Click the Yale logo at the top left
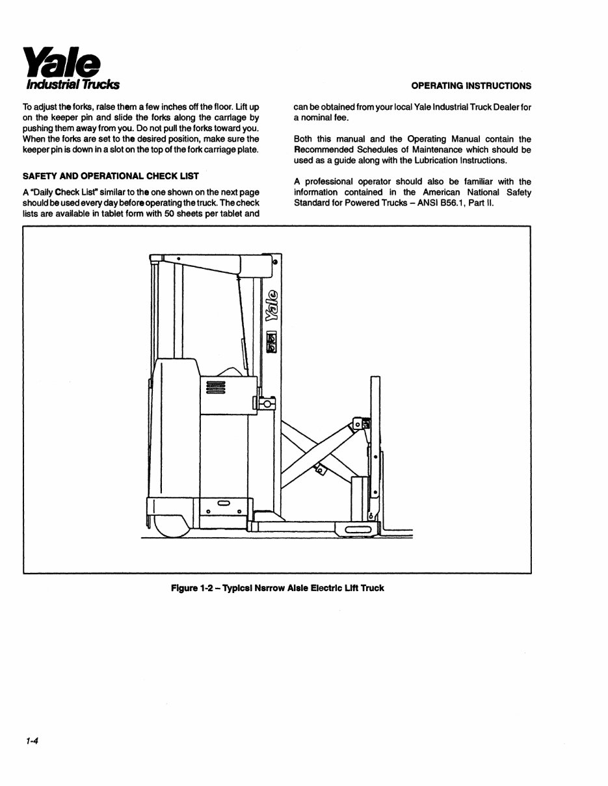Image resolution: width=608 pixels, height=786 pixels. click(62, 62)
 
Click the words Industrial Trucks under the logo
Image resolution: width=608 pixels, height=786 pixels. click(72, 85)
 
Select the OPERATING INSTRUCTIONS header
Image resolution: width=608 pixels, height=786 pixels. click(471, 86)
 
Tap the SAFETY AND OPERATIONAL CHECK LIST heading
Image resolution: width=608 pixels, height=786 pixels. click(111, 176)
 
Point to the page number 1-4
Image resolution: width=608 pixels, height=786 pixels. click(33, 741)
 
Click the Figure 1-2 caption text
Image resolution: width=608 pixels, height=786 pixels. click(277, 589)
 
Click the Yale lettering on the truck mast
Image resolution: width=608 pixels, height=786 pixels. click(272, 305)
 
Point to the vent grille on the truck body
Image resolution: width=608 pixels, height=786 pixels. click(215, 387)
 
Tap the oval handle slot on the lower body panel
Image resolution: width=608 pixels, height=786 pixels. click(223, 503)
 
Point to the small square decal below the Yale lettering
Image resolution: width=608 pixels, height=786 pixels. click(272, 342)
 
